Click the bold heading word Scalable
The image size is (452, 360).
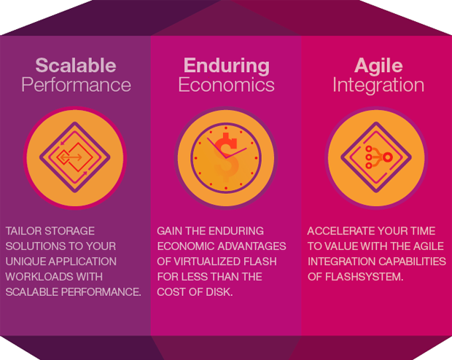tap(76, 66)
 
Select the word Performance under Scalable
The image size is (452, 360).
tap(76, 85)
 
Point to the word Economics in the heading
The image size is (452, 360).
tap(226, 85)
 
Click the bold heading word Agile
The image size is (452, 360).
tap(378, 66)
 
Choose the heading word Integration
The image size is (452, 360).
tap(378, 86)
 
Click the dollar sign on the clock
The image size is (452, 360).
tap(226, 157)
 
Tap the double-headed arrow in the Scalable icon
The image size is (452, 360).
tap(71, 157)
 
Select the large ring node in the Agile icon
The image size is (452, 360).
tap(387, 157)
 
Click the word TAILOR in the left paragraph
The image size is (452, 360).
tap(23, 231)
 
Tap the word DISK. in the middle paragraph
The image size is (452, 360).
tap(219, 292)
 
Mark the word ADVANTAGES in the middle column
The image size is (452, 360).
tap(252, 246)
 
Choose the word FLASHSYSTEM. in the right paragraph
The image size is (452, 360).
tap(364, 277)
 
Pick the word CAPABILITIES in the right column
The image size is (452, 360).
tap(411, 262)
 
